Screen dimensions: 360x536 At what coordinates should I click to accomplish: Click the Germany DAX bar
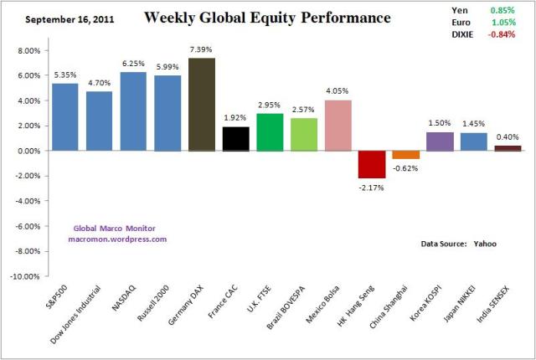tap(202, 105)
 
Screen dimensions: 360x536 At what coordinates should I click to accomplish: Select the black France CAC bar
tap(236, 139)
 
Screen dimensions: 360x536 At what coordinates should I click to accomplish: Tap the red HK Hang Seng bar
tap(372, 164)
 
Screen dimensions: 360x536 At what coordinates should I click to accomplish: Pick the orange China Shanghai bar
tap(406, 155)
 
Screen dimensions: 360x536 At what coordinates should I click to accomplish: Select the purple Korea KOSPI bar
tap(440, 141)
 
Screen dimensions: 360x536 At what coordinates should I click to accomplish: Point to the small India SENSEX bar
tap(508, 148)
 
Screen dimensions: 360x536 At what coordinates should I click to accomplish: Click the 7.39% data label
tap(202, 51)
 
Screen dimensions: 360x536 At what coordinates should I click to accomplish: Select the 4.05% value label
tap(338, 93)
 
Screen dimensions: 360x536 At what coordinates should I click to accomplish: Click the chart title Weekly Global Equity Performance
tap(267, 17)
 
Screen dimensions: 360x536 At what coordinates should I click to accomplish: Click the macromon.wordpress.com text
tap(117, 239)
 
